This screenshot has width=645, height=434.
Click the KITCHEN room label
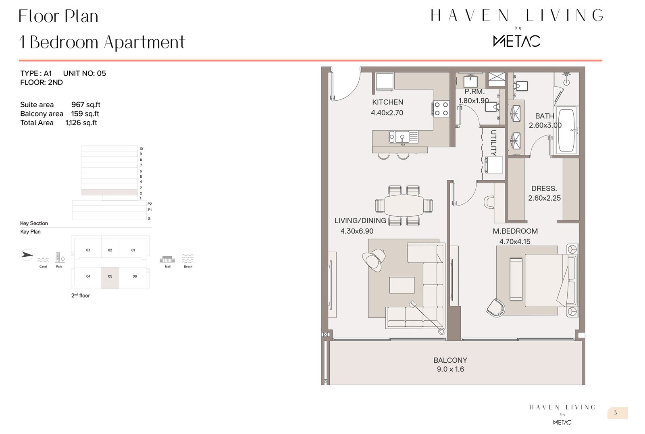387,102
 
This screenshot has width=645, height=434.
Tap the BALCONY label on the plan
450,360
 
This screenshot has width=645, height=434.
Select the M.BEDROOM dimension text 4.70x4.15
515,242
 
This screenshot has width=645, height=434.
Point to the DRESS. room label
544,189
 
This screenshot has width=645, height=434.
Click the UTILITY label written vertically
493,142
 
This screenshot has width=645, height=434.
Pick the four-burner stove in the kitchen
441,109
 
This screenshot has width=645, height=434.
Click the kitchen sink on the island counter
399,137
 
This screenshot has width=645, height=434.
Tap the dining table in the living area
404,206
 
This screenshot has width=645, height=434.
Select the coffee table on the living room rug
402,285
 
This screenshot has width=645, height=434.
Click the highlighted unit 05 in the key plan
110,277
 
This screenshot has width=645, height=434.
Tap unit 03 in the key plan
88,250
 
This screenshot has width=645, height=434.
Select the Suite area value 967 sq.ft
85,105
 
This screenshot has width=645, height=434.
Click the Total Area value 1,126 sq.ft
81,123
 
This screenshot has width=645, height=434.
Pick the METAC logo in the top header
517,41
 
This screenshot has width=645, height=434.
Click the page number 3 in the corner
616,413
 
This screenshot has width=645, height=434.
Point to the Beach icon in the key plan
188,259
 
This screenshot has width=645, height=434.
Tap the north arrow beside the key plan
27,255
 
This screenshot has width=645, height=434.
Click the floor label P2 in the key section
150,204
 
